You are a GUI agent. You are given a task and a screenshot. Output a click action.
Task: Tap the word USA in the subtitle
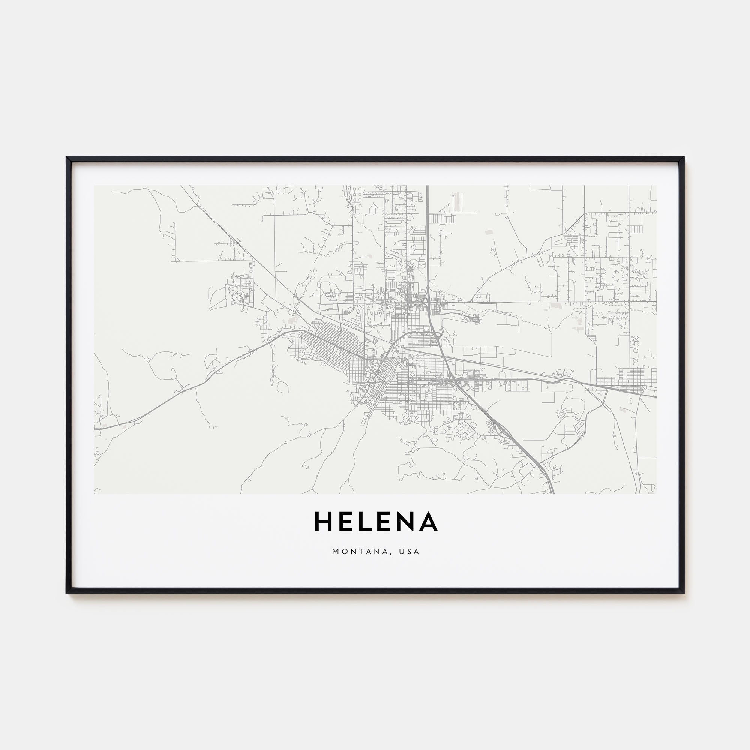click(411, 552)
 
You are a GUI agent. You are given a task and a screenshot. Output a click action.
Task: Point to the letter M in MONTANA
click(335, 552)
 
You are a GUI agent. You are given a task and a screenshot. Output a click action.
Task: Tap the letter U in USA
click(404, 552)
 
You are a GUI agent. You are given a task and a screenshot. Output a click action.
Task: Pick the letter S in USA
click(411, 552)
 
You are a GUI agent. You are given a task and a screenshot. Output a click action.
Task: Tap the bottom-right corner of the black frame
click(683, 593)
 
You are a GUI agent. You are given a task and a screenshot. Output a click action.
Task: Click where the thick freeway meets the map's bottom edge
click(552, 493)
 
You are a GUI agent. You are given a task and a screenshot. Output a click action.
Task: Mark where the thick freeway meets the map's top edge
click(427, 186)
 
